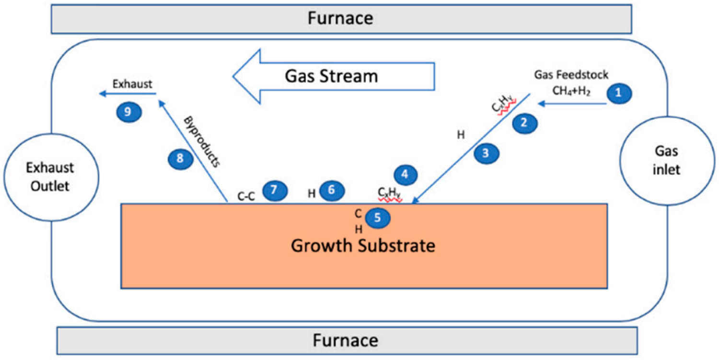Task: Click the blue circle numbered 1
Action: point(618,93)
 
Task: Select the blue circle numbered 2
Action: point(524,123)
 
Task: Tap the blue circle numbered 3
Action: point(487,153)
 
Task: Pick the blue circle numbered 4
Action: point(405,175)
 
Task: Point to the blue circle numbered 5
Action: point(378,218)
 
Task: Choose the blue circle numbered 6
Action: point(332,191)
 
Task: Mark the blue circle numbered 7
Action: point(274,190)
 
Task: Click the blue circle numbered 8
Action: point(180,159)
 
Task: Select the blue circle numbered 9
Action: point(128,112)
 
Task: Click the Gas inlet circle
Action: point(667,161)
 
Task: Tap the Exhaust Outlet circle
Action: point(50,177)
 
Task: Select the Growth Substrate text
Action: point(363,246)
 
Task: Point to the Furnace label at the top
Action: point(340,18)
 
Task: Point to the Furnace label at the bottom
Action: point(346,340)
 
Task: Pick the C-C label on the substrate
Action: point(247,196)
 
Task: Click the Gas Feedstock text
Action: point(571,74)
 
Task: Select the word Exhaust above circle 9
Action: point(132,84)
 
